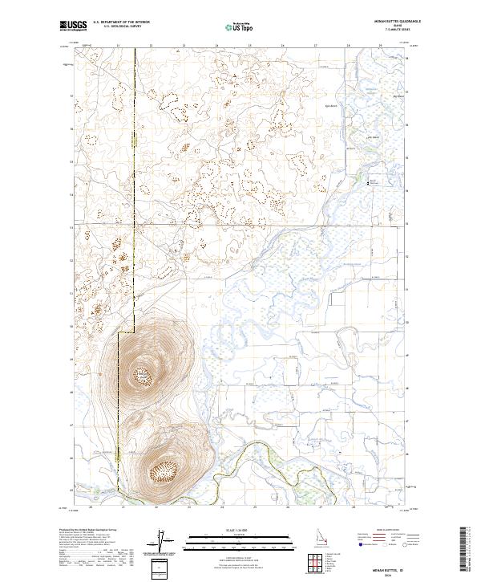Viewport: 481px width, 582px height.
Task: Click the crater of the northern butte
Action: (x=143, y=373)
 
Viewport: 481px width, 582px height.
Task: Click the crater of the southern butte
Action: (x=166, y=469)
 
